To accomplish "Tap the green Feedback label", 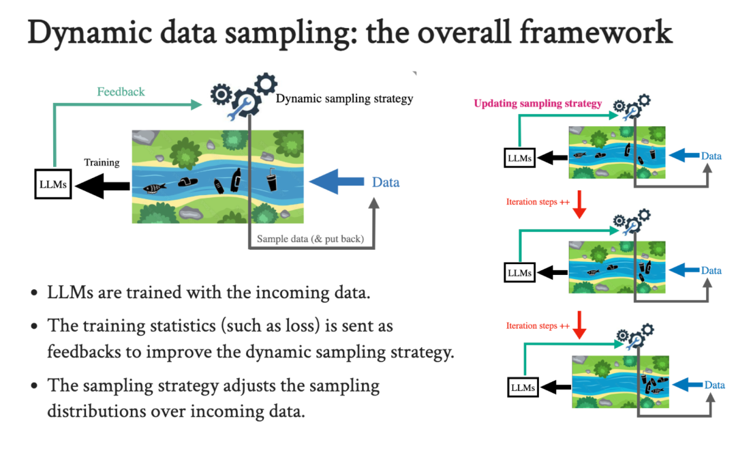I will [121, 91].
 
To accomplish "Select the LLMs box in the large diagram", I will [53, 185].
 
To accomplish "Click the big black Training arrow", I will [102, 185].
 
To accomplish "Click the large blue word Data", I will [386, 182].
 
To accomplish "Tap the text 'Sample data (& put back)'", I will [311, 239].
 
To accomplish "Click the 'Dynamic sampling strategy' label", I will [344, 98].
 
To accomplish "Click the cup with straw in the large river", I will [271, 180].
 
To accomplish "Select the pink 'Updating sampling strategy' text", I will [538, 104].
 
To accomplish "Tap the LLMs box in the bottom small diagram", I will [523, 388].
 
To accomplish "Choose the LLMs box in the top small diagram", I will [519, 158].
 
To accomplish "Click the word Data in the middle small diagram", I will [711, 271].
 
